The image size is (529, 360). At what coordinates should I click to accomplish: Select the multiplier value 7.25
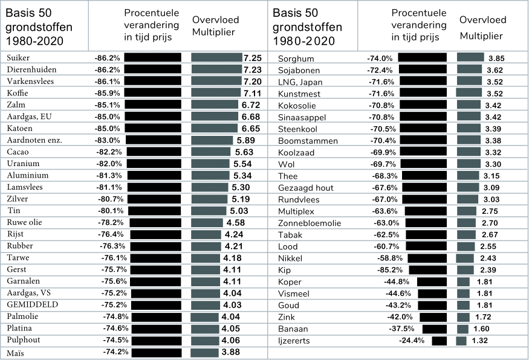point(252,57)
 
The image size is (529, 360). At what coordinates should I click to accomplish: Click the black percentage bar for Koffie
point(153,93)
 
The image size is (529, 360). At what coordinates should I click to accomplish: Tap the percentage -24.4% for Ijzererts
point(412,341)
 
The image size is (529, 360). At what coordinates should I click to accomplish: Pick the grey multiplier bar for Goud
point(463,306)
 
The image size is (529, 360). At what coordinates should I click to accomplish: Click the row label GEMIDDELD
point(33,304)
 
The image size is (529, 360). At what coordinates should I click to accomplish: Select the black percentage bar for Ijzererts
point(440,341)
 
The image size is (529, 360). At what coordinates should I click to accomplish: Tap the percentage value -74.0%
point(380,59)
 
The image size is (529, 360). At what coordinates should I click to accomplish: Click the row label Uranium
point(24,164)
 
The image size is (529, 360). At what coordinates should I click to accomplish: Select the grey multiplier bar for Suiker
point(216,57)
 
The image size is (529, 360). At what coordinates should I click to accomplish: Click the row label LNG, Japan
point(300,82)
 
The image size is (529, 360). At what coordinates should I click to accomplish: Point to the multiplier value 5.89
point(246,140)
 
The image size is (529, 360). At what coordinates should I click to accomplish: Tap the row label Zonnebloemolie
point(309,223)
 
